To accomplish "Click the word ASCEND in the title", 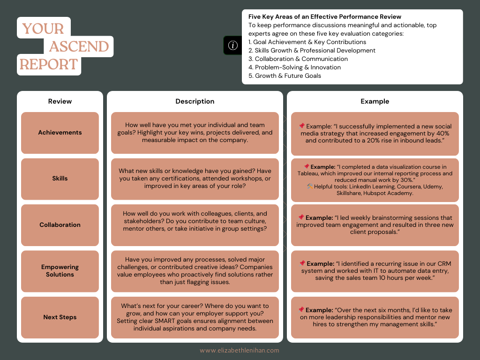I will tap(79, 46).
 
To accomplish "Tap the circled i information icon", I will tap(232, 45).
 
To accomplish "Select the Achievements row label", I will tap(60, 133).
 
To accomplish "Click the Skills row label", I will tap(60, 179).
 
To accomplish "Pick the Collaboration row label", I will tap(60, 225).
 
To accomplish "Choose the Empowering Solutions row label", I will tap(60, 271).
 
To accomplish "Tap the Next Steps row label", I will tap(60, 317).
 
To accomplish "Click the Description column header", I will tap(195, 101).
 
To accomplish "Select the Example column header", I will tap(375, 101).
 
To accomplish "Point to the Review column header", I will tap(60, 101).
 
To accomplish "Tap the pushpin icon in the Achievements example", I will tap(302, 126).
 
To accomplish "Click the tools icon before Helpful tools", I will tap(310, 186).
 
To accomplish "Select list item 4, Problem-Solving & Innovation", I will tap(294, 67).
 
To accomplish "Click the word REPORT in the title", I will tap(49, 64).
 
